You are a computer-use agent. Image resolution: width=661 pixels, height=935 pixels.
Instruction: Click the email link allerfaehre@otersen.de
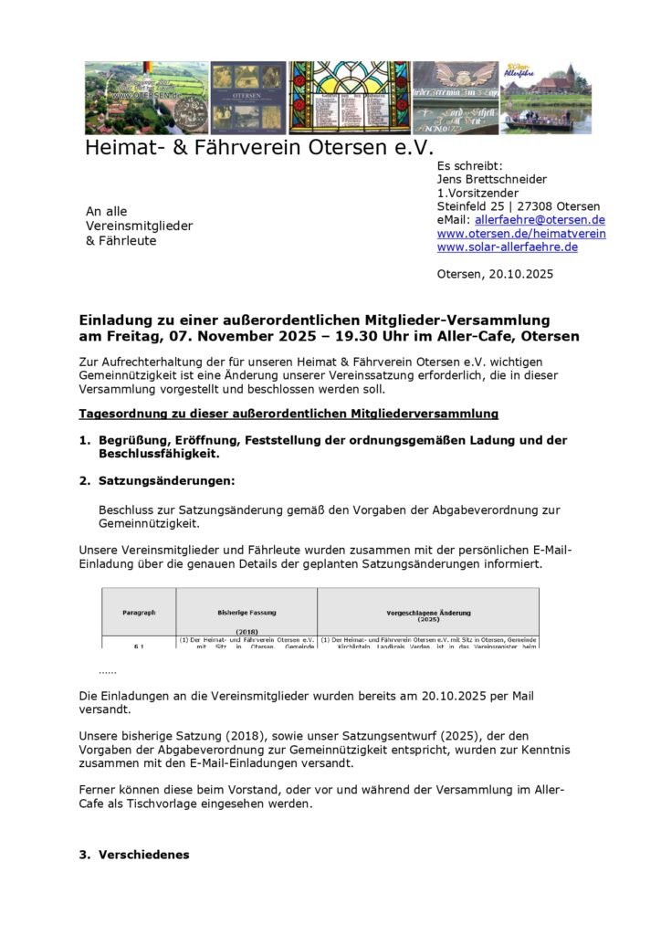pyautogui.click(x=540, y=220)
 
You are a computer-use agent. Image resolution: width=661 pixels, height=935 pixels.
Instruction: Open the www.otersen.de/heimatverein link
pyautogui.click(x=520, y=234)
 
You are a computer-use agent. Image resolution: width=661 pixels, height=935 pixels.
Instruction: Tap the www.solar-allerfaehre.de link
pyautogui.click(x=507, y=247)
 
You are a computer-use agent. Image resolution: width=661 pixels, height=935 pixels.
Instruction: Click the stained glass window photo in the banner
pyautogui.click(x=350, y=98)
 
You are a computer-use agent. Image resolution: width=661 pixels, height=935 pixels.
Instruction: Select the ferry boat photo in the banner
pyautogui.click(x=547, y=98)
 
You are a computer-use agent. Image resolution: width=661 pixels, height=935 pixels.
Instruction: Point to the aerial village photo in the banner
pyautogui.click(x=146, y=98)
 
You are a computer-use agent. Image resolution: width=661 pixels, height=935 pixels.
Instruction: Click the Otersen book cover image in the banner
pyautogui.click(x=248, y=98)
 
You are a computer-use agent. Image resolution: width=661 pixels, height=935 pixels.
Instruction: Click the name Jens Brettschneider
pyautogui.click(x=492, y=180)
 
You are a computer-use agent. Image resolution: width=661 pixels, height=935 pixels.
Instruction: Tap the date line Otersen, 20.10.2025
pyautogui.click(x=495, y=274)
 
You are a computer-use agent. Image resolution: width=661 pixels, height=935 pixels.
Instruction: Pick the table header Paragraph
pyautogui.click(x=139, y=612)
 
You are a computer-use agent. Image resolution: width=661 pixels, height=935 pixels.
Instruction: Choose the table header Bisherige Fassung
pyautogui.click(x=247, y=612)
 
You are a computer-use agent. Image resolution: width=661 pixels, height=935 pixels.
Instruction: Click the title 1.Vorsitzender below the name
pyautogui.click(x=477, y=194)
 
